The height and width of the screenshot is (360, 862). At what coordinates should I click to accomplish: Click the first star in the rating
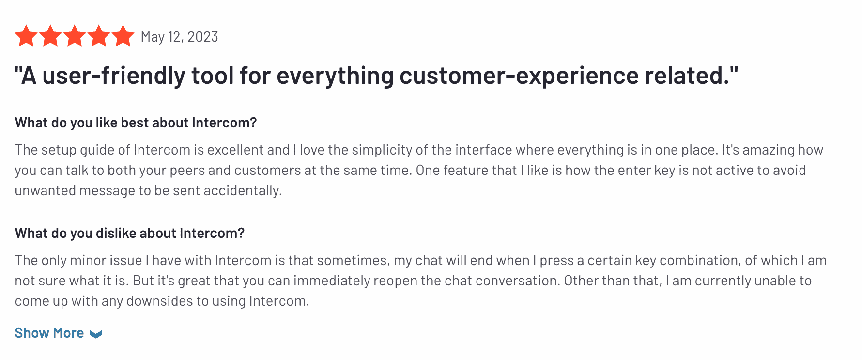[26, 36]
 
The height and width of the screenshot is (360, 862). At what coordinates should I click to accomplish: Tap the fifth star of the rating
[123, 36]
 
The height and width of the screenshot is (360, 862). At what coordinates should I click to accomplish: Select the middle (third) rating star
[75, 36]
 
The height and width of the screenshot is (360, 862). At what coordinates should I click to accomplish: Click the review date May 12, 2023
[179, 37]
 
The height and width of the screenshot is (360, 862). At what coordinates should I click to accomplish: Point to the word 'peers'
[187, 171]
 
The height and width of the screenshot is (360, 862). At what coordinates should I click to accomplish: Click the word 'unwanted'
[46, 191]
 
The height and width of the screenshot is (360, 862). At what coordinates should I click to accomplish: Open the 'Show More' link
[49, 333]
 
